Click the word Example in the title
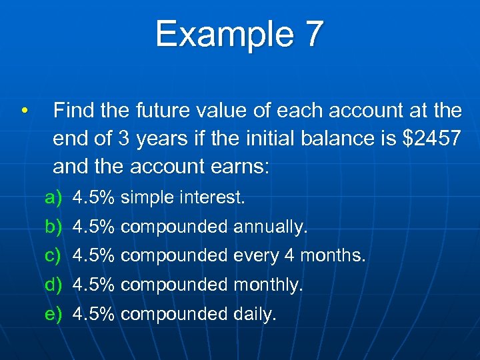pos(221,34)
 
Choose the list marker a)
pos(53,198)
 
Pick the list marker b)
pos(53,227)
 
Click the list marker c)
pos(53,255)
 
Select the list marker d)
pos(53,285)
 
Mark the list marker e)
pos(53,313)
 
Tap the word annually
pos(271,227)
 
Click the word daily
pos(255,313)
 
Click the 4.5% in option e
pos(94,313)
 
